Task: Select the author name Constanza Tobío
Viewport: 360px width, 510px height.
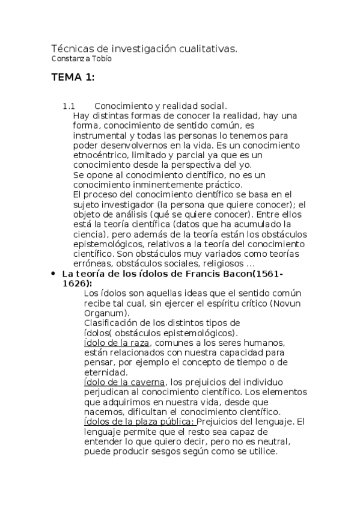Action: (81, 59)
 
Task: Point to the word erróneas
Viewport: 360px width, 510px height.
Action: (91, 263)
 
